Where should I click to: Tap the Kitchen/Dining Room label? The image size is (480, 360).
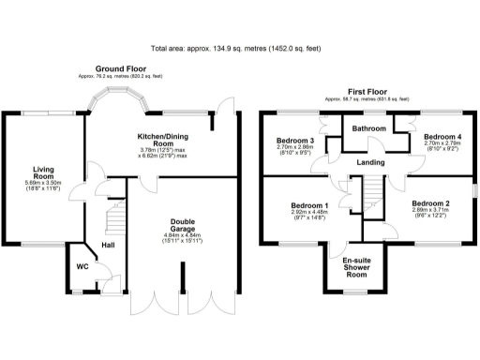click(x=162, y=137)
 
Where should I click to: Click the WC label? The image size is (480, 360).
click(x=82, y=264)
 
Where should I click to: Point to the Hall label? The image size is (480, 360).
click(x=109, y=245)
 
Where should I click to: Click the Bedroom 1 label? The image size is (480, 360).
click(x=308, y=205)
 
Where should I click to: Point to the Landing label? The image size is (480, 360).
click(x=370, y=161)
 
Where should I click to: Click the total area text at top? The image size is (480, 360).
click(x=239, y=48)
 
